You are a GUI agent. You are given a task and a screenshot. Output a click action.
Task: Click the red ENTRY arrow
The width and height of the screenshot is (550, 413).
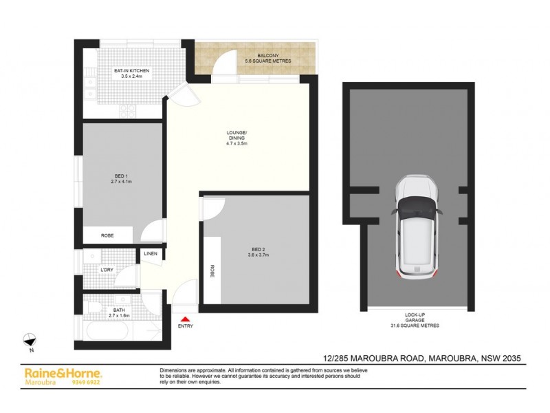pos(184,318)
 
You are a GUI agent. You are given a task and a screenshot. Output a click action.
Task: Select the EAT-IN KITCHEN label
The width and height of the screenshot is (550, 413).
pos(131,74)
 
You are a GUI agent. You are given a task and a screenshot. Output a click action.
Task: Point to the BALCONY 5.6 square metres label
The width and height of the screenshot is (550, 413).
pos(267,58)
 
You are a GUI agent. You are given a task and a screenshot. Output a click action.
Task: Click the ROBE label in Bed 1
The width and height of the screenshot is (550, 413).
pos(107,235)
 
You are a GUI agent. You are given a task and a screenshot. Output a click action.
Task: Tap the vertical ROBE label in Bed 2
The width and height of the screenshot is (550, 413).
pos(212,271)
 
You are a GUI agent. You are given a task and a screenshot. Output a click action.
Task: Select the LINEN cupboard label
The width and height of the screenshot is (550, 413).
pos(151,254)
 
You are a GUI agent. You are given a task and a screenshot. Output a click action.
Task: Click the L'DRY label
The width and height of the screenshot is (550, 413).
pos(107,269)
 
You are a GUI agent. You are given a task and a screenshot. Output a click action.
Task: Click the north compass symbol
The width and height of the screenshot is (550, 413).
pos(30,339)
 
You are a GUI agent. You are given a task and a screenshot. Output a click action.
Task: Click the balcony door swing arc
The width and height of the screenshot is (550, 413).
pos(222,67)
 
